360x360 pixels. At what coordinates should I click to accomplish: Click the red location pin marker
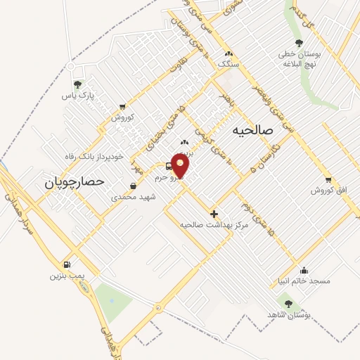(181, 165)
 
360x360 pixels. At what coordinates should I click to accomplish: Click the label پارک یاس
(78, 94)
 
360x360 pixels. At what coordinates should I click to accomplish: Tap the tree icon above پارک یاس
(78, 84)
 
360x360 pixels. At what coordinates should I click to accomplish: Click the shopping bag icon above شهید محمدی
(133, 186)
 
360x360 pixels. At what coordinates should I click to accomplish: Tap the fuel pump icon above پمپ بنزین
(67, 265)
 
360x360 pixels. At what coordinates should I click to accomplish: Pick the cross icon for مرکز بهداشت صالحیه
(214, 214)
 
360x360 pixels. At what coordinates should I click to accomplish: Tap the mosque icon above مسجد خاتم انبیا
(304, 270)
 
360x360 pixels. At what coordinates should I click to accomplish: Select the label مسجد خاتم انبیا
(303, 281)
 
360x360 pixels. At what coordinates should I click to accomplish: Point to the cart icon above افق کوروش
(328, 180)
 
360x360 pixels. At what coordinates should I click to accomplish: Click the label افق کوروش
(326, 191)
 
